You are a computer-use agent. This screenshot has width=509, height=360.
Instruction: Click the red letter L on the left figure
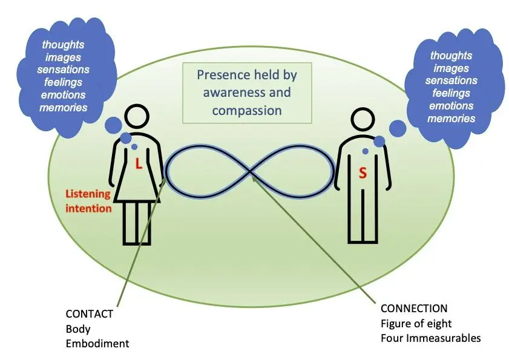[x=138, y=163]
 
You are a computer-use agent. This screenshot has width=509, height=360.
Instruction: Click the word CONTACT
[x=89, y=315]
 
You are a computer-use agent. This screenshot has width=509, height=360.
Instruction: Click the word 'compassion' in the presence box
[x=251, y=110]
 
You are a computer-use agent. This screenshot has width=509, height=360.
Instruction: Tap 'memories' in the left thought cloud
[x=64, y=108]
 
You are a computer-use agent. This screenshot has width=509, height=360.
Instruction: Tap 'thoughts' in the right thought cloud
[x=451, y=56]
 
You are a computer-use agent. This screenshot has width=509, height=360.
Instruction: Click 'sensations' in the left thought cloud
[x=64, y=70]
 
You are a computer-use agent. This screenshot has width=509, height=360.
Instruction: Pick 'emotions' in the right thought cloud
[x=451, y=106]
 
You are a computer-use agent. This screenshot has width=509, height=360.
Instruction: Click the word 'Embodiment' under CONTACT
[x=97, y=344]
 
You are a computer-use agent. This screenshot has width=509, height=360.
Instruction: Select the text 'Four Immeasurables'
[x=430, y=338]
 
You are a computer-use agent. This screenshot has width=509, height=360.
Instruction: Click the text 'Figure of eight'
[x=416, y=323]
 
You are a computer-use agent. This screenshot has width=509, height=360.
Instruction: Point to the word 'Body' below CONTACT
[x=78, y=329]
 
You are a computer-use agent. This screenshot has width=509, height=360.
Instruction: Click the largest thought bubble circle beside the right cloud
[x=397, y=128]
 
